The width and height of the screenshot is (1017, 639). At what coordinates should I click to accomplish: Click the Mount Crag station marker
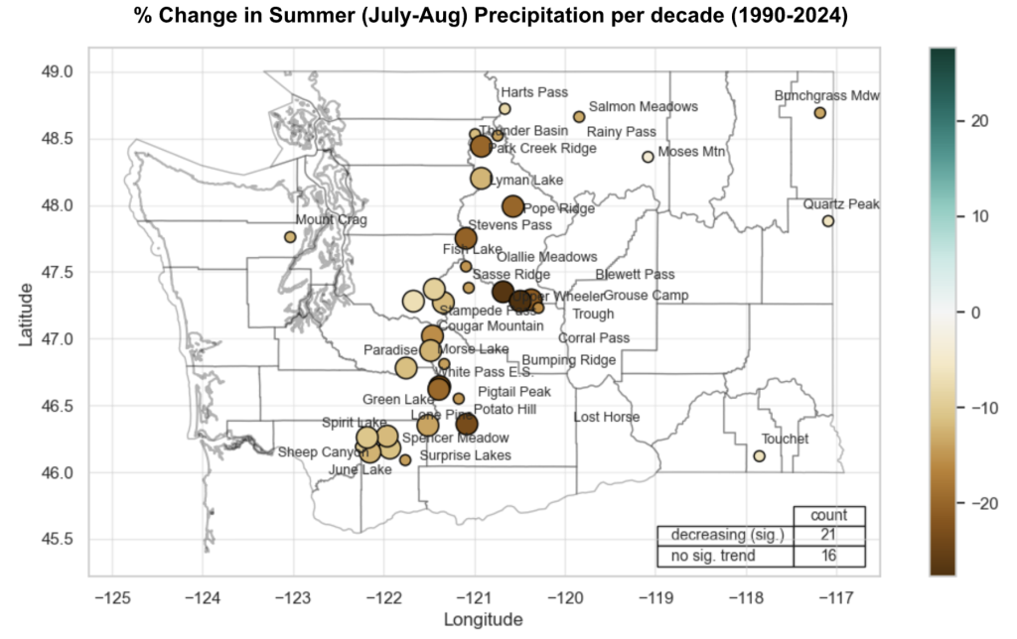(x=290, y=236)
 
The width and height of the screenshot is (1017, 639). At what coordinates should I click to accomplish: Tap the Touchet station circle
(x=759, y=456)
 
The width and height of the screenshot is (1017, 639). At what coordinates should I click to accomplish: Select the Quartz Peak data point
(x=828, y=221)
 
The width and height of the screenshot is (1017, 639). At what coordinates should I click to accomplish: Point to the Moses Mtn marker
(x=648, y=157)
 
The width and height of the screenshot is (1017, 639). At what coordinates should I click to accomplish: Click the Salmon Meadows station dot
(x=579, y=117)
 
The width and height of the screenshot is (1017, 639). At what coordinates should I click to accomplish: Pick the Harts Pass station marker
(x=505, y=109)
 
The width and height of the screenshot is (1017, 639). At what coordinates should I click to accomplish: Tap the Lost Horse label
(x=607, y=417)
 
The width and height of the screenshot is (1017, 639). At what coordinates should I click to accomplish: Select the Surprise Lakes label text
(x=465, y=455)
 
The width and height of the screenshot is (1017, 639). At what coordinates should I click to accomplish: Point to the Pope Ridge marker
(x=512, y=206)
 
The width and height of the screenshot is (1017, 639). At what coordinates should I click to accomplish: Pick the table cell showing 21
(x=829, y=536)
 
